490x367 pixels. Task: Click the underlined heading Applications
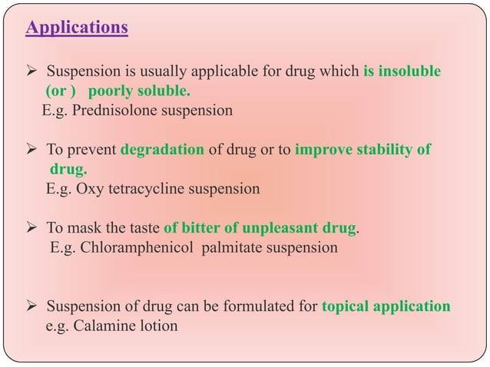click(x=77, y=29)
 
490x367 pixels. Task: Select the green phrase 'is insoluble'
click(x=402, y=72)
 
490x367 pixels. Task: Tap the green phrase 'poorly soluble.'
click(x=144, y=91)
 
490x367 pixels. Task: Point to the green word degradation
click(x=161, y=149)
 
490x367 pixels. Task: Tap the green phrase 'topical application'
click(x=386, y=306)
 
